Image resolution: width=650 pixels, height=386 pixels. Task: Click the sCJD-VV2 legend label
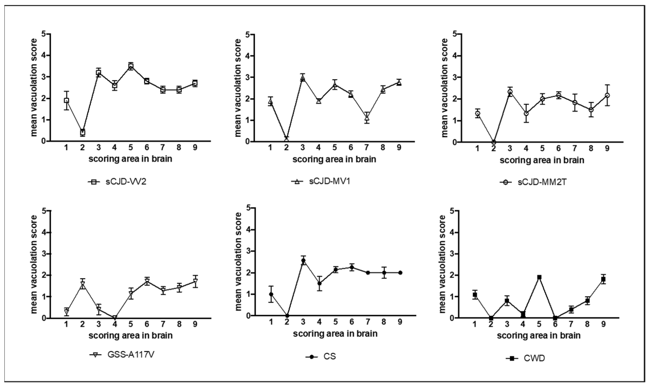pyautogui.click(x=126, y=181)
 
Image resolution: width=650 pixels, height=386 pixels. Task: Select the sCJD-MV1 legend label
pyautogui.click(x=330, y=181)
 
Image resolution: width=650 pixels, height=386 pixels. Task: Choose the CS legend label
pyautogui.click(x=330, y=357)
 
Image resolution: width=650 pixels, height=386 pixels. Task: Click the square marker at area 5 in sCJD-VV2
pyautogui.click(x=131, y=66)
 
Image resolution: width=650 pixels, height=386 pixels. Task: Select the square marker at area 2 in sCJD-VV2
pyautogui.click(x=83, y=132)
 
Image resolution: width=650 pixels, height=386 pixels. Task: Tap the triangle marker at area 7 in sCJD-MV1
pyautogui.click(x=367, y=118)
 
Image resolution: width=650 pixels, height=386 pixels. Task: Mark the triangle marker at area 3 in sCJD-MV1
pyautogui.click(x=303, y=78)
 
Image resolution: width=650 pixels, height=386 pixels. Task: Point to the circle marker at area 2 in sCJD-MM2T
pyautogui.click(x=494, y=142)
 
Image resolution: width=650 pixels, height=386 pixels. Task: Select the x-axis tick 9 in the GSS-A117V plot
pyautogui.click(x=195, y=324)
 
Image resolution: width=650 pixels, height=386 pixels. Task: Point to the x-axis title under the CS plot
pyautogui.click(x=335, y=333)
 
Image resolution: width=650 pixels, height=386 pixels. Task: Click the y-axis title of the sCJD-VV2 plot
pyautogui.click(x=34, y=88)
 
